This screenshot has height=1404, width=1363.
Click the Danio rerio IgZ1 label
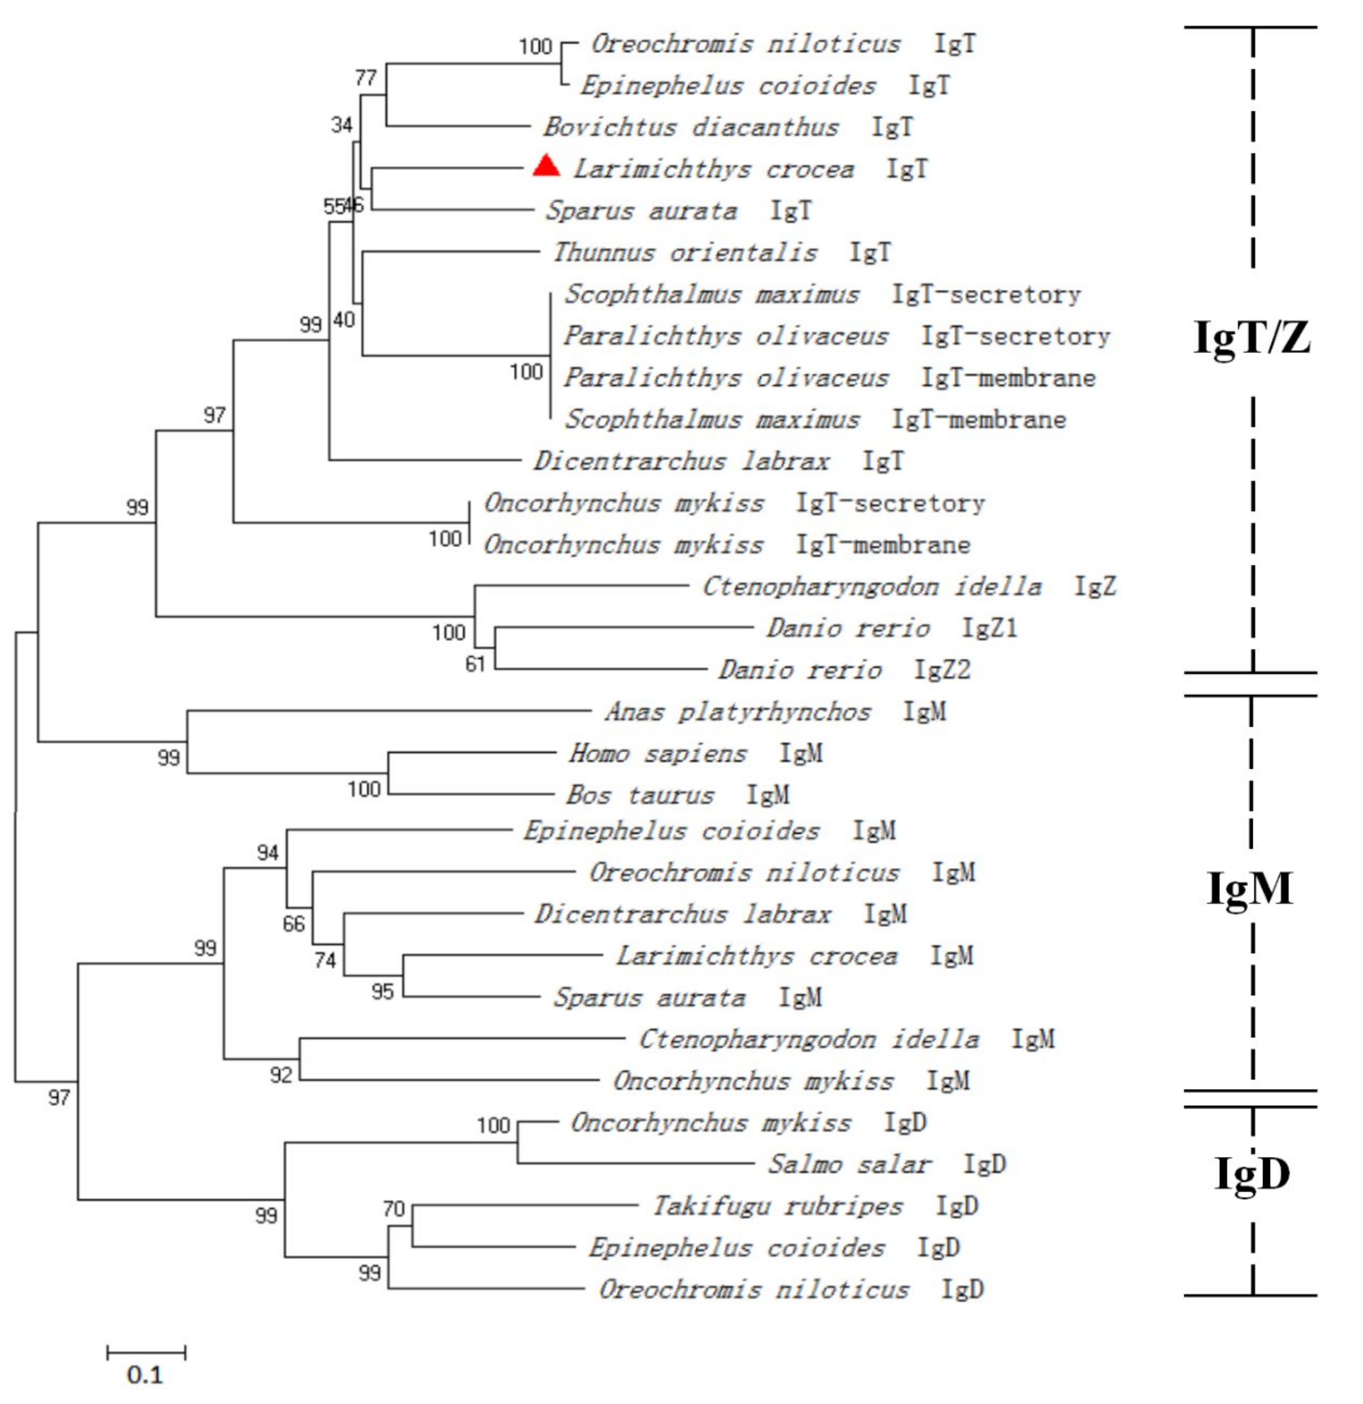point(892,628)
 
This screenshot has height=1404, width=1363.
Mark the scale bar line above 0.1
point(146,1352)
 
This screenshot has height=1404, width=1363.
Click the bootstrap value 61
point(476,664)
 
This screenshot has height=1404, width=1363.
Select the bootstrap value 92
point(281,1075)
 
